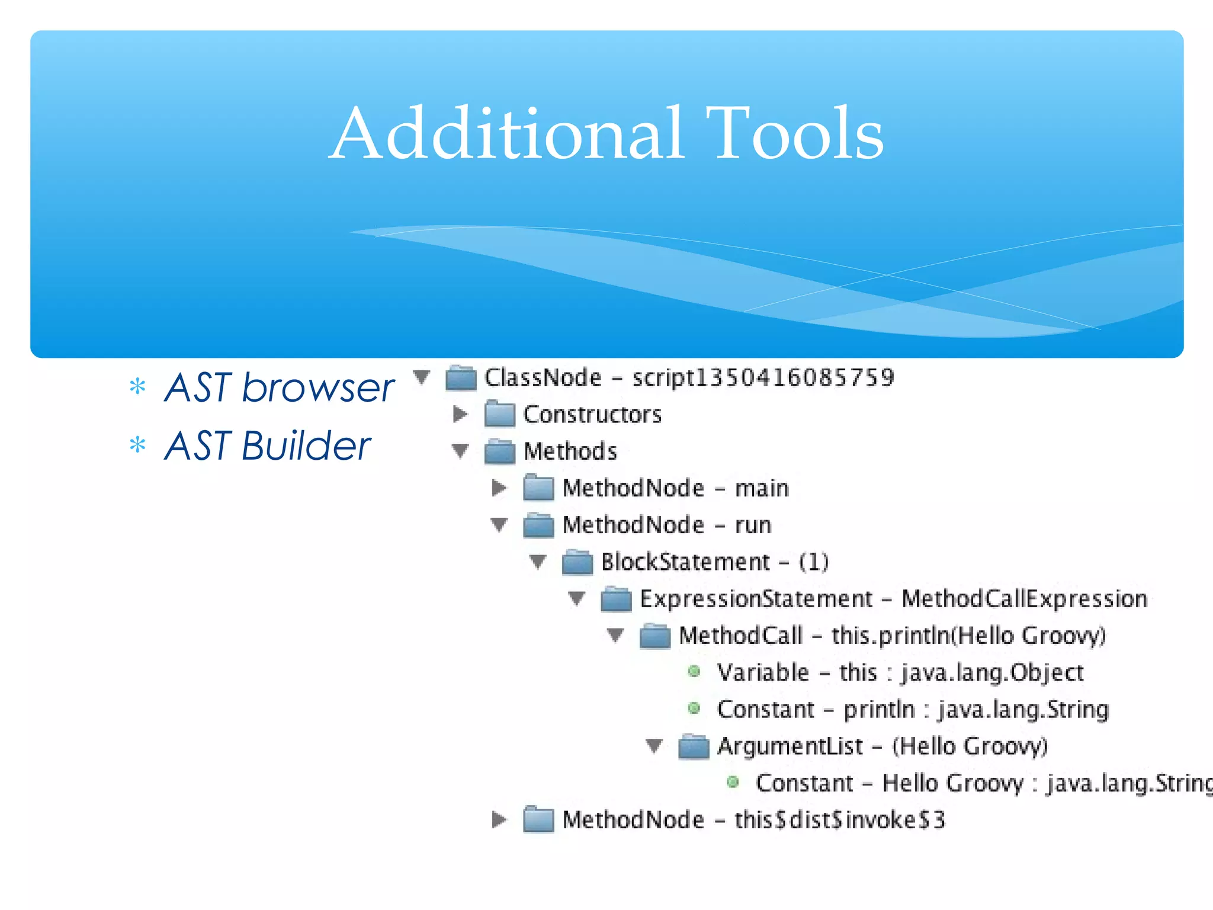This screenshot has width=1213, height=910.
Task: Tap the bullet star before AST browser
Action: [137, 387]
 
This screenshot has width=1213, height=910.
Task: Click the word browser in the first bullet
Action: [318, 388]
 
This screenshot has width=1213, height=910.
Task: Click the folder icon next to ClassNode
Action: [461, 378]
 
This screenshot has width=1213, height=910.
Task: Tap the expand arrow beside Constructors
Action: [460, 414]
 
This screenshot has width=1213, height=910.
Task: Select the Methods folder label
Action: [570, 451]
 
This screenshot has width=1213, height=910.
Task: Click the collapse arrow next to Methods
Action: [460, 451]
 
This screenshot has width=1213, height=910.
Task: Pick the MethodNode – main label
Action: [675, 488]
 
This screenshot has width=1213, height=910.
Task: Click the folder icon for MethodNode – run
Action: [538, 526]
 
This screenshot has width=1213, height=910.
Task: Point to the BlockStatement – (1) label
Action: [714, 562]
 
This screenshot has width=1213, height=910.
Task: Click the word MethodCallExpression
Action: [1024, 599]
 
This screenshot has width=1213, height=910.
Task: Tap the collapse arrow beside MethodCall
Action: [616, 635]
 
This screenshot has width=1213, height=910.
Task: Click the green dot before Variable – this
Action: [694, 671]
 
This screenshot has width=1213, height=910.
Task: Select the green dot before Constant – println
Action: [694, 708]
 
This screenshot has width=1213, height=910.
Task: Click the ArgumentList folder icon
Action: [694, 746]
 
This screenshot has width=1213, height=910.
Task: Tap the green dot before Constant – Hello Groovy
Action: [733, 782]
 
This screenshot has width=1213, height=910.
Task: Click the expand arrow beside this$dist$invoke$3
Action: [499, 819]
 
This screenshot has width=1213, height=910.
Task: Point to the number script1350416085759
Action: [763, 378]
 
